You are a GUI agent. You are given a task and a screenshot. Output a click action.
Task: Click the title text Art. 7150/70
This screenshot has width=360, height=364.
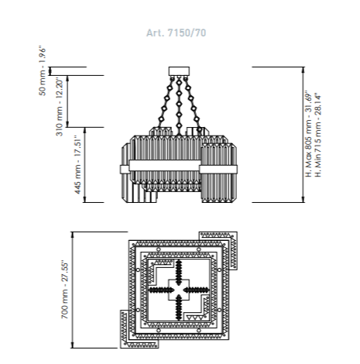(x=177, y=33)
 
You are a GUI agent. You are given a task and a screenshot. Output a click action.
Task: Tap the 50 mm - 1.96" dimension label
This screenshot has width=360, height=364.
(x=43, y=71)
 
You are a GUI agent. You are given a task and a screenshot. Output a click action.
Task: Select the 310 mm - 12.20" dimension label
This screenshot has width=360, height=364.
(x=60, y=107)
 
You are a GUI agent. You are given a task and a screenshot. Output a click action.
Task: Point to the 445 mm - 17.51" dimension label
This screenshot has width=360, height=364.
(x=77, y=165)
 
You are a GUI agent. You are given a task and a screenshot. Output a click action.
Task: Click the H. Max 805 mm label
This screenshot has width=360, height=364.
(x=309, y=134)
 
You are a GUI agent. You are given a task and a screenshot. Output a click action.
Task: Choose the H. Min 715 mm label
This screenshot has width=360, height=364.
(x=318, y=136)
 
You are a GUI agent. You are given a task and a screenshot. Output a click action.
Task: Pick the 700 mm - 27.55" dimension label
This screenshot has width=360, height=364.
(x=65, y=290)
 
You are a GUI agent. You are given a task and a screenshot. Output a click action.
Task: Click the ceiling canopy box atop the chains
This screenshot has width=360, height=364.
(x=179, y=71)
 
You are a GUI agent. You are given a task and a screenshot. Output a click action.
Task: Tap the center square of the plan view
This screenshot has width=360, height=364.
(x=179, y=290)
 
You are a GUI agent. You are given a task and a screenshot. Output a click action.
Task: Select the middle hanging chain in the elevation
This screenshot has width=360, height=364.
(x=179, y=106)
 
